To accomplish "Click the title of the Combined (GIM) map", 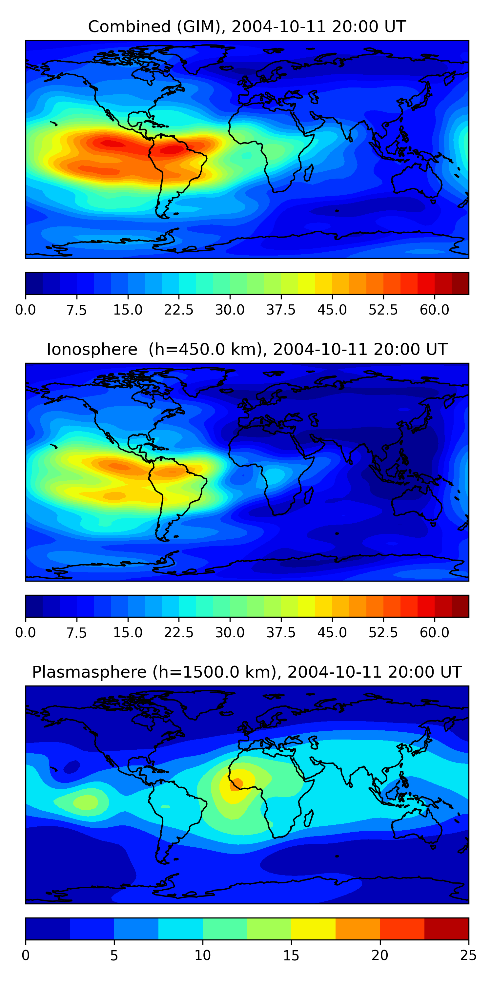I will [247, 27].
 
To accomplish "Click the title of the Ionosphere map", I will [247, 349].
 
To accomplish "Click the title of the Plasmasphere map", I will [247, 672].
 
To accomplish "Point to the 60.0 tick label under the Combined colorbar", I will [434, 310].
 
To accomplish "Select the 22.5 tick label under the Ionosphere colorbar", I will [179, 632].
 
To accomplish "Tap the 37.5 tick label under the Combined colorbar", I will [281, 310].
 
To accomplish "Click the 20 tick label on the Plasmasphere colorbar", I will [380, 955].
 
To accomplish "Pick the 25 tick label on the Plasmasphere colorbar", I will [468, 955].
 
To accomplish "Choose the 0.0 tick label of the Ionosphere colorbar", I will [26, 632].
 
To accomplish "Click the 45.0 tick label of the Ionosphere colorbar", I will [332, 632].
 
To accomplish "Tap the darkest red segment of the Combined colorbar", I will [460, 283].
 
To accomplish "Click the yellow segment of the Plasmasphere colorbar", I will [313, 928].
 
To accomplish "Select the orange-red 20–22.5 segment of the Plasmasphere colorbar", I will [402, 928].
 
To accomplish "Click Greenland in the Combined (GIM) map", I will [206, 57].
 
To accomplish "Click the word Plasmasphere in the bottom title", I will [89, 672].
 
